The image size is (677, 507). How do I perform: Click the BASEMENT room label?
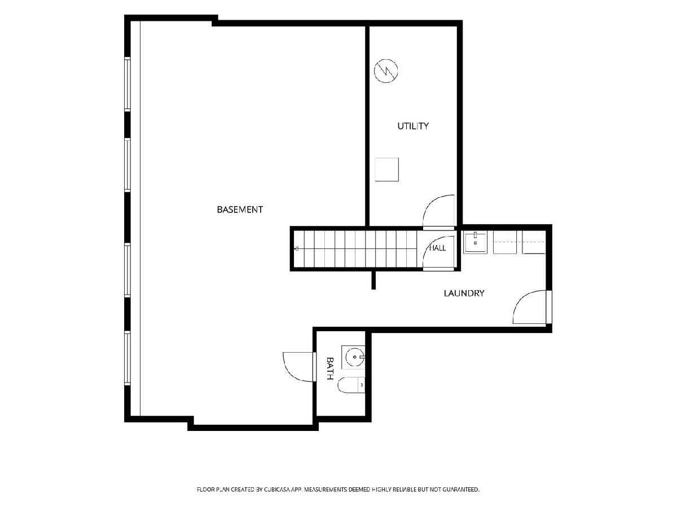click(240, 210)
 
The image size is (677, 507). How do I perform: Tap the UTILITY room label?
click(412, 126)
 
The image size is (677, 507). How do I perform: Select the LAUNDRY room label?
click(464, 293)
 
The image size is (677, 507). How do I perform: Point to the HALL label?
click(438, 248)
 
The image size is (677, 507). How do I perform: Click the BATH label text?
click(329, 368)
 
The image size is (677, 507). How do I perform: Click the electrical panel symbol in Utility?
click(386, 71)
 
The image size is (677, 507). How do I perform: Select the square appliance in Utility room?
click(387, 170)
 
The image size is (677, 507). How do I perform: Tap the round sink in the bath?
click(355, 357)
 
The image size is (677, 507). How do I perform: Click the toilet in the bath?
click(351, 385)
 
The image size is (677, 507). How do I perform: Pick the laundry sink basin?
click(475, 243)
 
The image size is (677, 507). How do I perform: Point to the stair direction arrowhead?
click(296, 249)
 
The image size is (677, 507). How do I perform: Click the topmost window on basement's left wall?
click(127, 84)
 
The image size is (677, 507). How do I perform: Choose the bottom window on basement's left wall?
click(127, 358)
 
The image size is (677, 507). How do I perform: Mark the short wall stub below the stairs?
click(373, 280)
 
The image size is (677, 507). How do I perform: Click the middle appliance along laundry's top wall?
click(505, 243)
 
